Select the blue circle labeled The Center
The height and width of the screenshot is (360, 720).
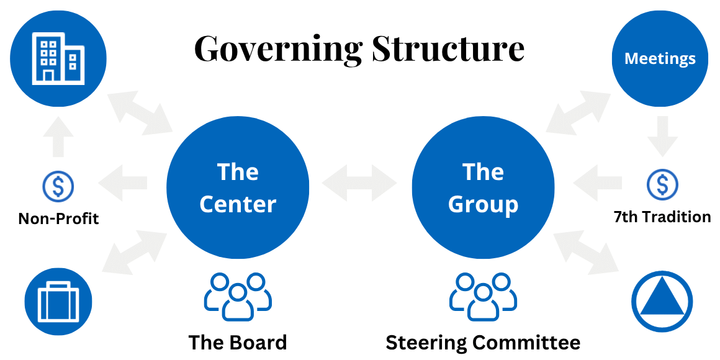238,187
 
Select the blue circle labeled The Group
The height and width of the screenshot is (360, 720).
483,187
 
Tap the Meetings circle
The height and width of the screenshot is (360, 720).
660,59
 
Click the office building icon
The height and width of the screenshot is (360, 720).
58,59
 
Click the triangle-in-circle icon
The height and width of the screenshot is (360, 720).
662,302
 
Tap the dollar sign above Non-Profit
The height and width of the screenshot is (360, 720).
58,186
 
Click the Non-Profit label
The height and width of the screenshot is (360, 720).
58,218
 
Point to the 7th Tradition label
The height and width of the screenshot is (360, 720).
662,217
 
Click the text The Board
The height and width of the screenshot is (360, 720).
238,343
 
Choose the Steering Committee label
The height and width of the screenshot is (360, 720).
483,343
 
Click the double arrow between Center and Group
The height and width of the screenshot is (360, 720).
359,183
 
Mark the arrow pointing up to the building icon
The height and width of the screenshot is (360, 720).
58,137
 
